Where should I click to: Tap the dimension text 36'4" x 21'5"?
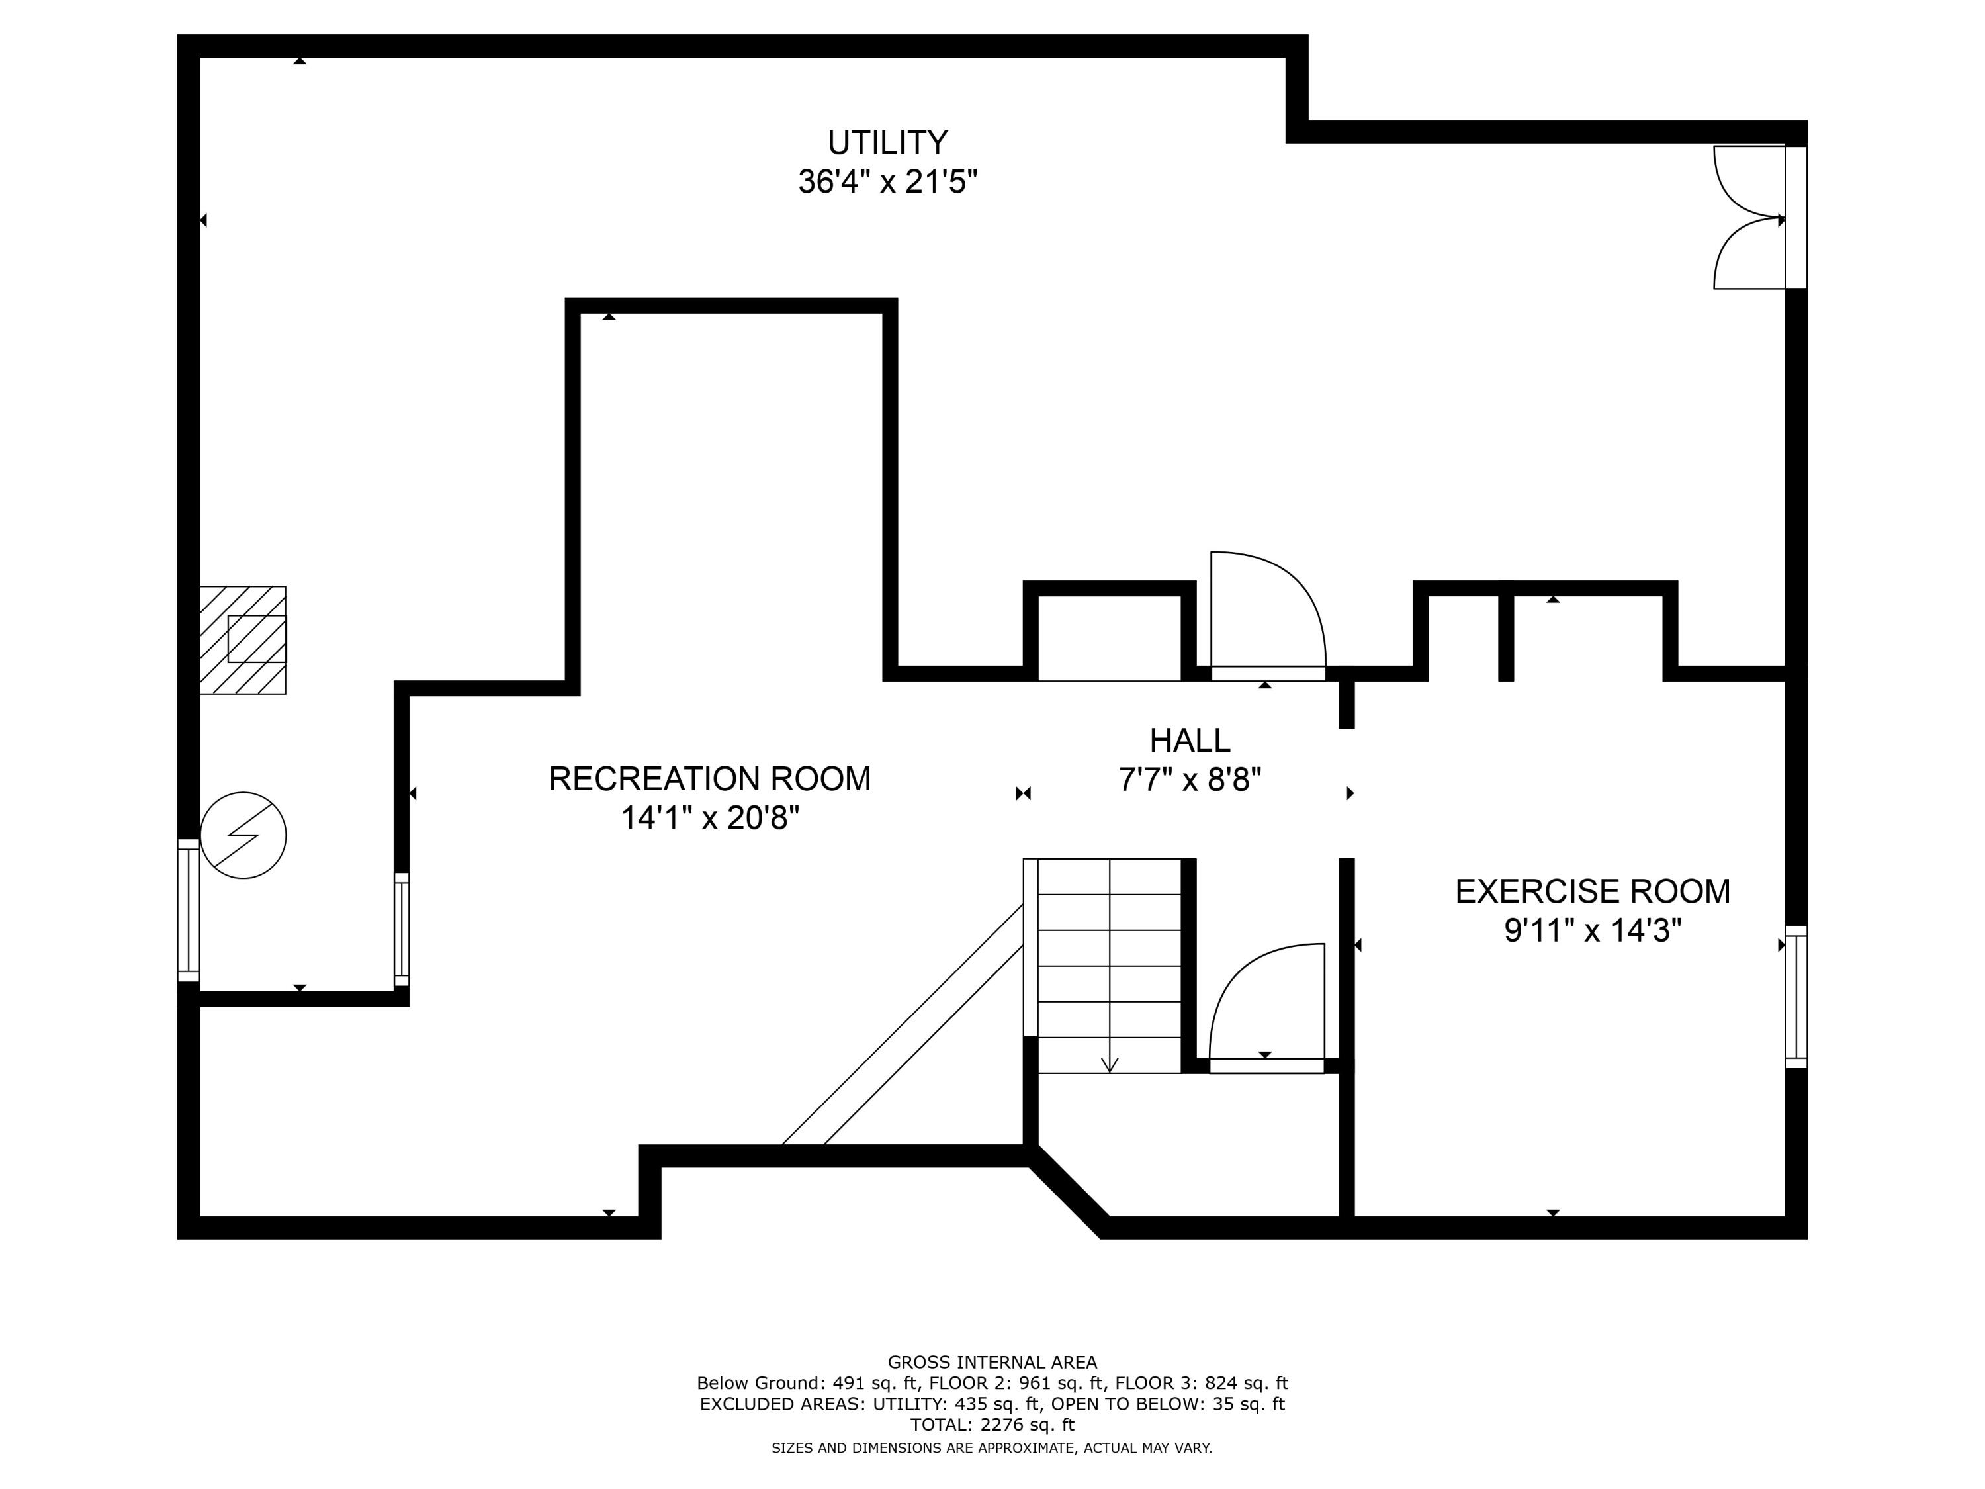click(887, 182)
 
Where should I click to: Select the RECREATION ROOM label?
click(709, 778)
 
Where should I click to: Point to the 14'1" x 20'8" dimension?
click(709, 818)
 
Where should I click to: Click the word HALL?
click(1189, 741)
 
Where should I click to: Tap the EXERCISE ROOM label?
click(1592, 891)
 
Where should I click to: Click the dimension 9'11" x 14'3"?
click(1592, 930)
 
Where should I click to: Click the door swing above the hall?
click(1266, 610)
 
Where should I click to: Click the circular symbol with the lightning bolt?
click(243, 835)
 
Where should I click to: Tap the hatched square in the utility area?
click(242, 640)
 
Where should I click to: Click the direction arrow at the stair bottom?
click(1109, 1064)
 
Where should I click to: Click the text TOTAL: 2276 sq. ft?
click(992, 1424)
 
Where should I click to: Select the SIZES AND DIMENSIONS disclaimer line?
click(992, 1448)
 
